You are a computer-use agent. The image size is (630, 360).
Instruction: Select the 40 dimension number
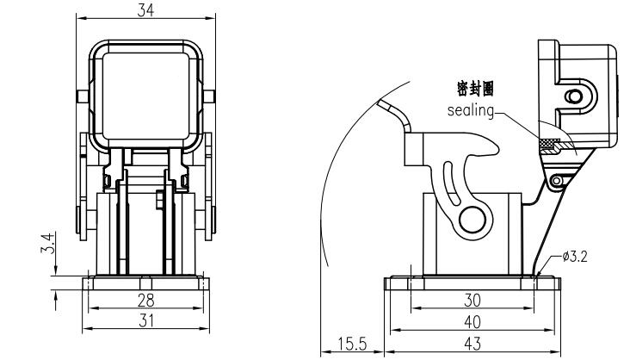pos(472,320)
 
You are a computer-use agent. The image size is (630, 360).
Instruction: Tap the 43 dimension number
pos(472,344)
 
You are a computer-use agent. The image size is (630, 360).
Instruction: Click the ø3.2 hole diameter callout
pos(575,257)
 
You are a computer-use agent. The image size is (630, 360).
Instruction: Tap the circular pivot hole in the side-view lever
pos(472,219)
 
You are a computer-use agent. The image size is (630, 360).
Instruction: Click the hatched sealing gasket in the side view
pos(548,143)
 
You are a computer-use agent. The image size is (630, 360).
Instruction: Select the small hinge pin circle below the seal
pos(557,178)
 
